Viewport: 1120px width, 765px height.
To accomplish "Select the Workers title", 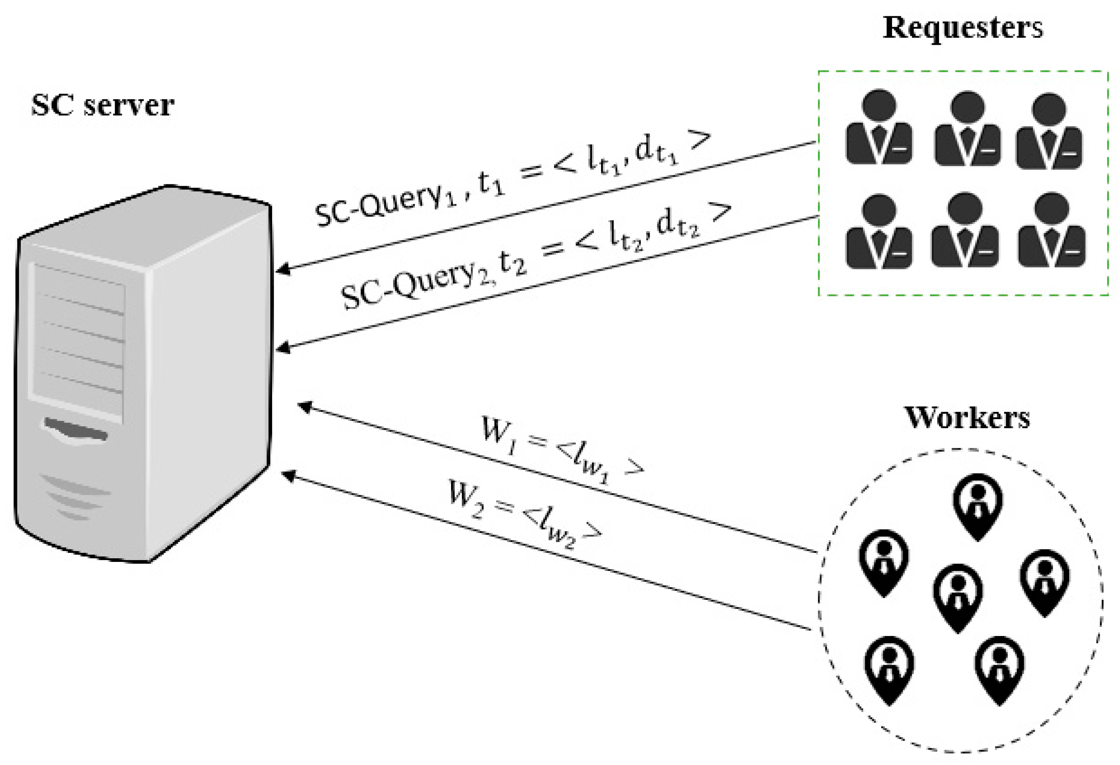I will click(967, 418).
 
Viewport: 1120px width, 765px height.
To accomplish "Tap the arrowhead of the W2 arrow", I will click(287, 475).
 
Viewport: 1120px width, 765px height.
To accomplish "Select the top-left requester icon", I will click(879, 128).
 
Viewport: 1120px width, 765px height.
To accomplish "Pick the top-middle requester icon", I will click(967, 128).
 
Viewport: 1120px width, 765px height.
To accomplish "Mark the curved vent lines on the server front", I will click(75, 496).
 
